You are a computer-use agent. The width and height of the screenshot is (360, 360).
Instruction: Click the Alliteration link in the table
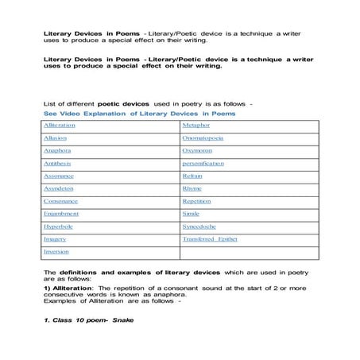(60, 126)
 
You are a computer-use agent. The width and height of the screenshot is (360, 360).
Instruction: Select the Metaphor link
(196, 126)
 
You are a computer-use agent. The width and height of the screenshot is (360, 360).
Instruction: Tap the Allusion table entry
(56, 138)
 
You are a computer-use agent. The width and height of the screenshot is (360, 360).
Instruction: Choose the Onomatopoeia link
(203, 138)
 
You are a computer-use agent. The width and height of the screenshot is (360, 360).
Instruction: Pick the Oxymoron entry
(197, 151)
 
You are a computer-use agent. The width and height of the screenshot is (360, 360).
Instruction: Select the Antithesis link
(58, 164)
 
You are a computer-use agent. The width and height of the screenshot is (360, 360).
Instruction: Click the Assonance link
(59, 176)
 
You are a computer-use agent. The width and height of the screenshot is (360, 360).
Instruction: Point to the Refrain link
(193, 176)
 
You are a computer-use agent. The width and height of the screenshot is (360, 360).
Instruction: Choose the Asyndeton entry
(60, 188)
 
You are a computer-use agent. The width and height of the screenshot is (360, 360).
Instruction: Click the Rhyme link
(192, 188)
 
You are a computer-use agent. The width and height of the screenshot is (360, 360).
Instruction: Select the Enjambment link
(62, 214)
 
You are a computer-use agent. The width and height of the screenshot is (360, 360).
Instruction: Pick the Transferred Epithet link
(210, 238)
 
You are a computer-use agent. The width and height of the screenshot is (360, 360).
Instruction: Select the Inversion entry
(57, 252)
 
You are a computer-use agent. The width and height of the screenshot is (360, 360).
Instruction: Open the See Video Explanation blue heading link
(140, 114)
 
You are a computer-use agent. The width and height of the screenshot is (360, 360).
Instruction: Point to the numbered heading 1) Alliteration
(72, 287)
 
